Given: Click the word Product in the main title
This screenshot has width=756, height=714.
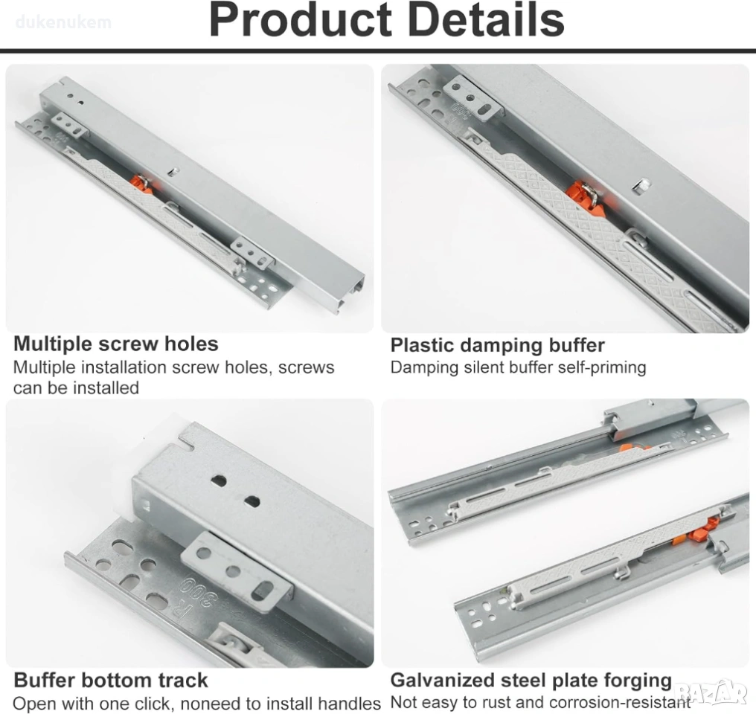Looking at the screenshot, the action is (300, 20).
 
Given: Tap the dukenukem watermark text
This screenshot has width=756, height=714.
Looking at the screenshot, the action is (63, 22).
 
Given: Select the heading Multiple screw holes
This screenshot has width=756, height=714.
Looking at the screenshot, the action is (116, 344).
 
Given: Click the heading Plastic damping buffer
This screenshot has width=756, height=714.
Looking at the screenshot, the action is (497, 345).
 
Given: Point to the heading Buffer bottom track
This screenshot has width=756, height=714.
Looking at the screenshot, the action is (110, 681).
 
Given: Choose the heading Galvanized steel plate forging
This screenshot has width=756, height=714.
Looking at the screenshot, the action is (531, 681).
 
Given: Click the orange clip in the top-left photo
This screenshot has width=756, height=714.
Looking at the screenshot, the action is (141, 184).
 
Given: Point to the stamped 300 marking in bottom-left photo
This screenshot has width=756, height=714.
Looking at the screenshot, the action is (199, 593).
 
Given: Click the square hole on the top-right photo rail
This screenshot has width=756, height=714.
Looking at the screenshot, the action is (641, 185).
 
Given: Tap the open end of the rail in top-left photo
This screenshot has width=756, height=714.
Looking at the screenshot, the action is (350, 294).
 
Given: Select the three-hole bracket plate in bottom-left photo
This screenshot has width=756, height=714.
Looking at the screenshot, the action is (237, 572).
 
